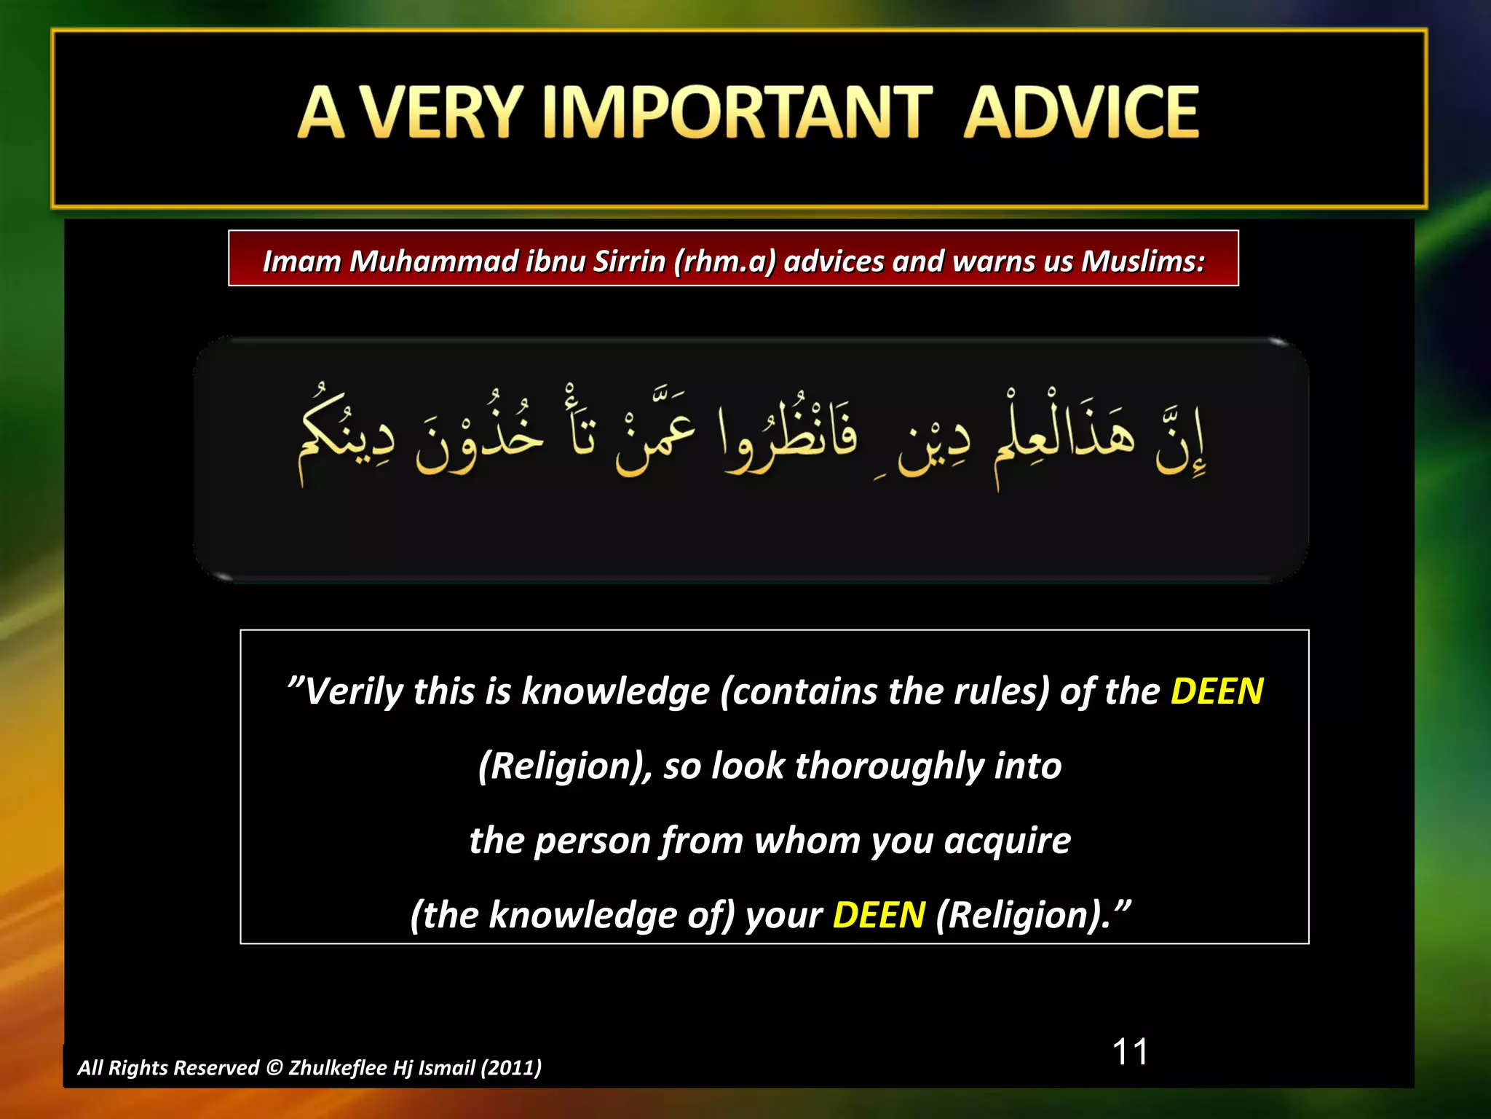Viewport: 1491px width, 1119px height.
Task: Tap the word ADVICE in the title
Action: coord(1080,113)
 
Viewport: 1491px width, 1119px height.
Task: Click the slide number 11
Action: coord(1130,1052)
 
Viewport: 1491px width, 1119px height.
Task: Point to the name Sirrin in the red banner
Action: coord(629,262)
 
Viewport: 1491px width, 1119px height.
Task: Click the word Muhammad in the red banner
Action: coord(433,262)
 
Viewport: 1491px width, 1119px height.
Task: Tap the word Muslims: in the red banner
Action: coord(1142,262)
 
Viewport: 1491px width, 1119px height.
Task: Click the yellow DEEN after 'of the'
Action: coord(1217,691)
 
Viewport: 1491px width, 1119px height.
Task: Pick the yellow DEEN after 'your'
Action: coord(879,915)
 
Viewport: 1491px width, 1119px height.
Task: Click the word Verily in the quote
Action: coord(352,691)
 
